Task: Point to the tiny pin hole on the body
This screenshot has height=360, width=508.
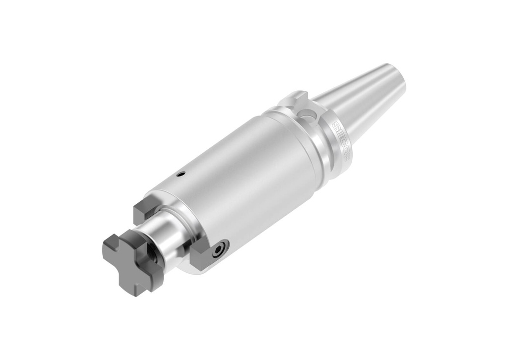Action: (x=182, y=174)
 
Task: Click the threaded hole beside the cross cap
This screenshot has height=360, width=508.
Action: (x=153, y=257)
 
